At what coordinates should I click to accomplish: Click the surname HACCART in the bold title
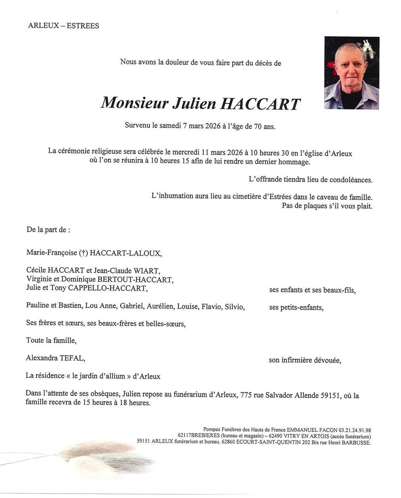(260, 103)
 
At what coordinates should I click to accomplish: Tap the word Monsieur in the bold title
(134, 103)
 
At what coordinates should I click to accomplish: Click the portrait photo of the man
(351, 73)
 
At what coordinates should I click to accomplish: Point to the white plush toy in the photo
(368, 48)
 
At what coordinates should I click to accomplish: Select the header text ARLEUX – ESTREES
(63, 26)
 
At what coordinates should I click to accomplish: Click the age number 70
(258, 126)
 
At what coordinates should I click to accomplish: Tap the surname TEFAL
(72, 358)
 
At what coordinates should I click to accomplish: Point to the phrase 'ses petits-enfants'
(296, 308)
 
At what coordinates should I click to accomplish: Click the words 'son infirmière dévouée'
(305, 361)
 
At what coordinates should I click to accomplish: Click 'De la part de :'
(48, 230)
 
